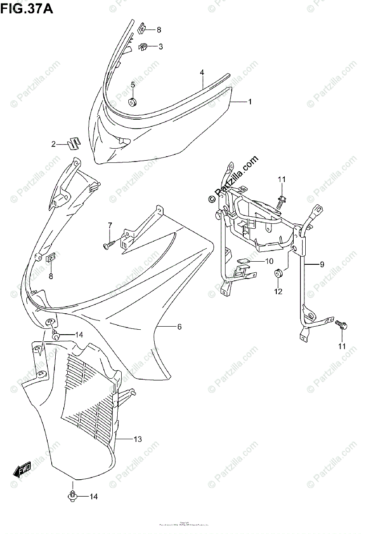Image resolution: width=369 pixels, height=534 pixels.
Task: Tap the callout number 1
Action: tap(250, 102)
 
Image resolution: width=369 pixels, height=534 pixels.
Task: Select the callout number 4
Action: tap(202, 72)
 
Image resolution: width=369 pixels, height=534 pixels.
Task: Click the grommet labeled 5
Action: tap(132, 103)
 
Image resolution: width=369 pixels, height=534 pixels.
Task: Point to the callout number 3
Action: tap(160, 46)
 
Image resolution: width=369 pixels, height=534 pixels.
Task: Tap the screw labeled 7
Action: tap(109, 244)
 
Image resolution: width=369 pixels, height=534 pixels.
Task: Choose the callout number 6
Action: tap(179, 327)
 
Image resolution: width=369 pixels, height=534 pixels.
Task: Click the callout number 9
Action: tap(321, 264)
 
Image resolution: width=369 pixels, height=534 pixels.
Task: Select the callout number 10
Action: tap(269, 261)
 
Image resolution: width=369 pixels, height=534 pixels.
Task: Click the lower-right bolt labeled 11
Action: tap(342, 326)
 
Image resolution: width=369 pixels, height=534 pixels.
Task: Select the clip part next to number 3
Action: tap(143, 46)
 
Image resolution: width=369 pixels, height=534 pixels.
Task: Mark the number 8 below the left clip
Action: tap(50, 276)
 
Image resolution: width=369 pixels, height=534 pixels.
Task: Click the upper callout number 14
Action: tap(79, 335)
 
